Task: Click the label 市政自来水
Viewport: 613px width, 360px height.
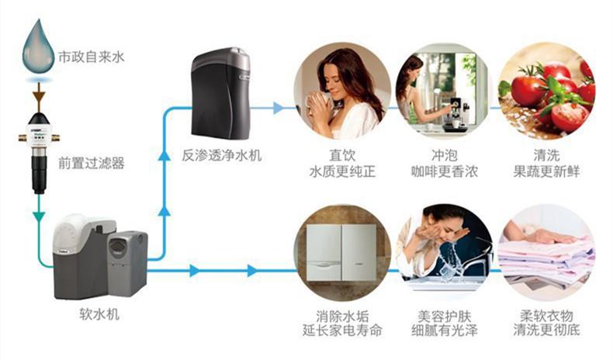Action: (x=92, y=58)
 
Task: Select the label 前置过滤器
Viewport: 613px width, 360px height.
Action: (x=92, y=164)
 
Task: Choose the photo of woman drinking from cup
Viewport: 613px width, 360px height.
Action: (x=342, y=90)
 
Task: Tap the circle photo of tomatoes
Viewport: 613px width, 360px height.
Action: (x=546, y=90)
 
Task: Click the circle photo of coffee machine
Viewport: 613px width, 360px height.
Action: (x=443, y=90)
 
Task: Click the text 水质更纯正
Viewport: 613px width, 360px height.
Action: (x=342, y=169)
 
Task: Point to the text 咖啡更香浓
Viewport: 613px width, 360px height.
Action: (x=443, y=169)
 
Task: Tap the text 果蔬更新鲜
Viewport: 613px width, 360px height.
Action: (x=546, y=169)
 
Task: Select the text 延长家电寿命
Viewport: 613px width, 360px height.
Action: (x=342, y=331)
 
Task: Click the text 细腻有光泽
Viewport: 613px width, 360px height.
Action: (x=443, y=331)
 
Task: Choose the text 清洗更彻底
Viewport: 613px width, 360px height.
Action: (x=546, y=331)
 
